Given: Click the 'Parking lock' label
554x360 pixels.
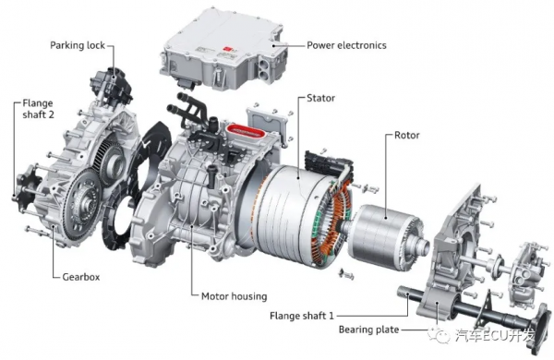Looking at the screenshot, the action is pos(78,45).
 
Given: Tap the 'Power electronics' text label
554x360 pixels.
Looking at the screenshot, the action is pos(346,45).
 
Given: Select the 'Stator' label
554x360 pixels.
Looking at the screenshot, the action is pos(320,98).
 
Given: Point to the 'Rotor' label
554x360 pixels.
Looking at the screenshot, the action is pos(406,135).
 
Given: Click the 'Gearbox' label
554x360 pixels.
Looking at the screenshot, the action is pos(81,277).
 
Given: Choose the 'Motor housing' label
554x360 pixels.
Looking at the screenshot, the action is pos(234,296).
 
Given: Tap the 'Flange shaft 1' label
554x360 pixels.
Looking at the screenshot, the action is pos(301,315).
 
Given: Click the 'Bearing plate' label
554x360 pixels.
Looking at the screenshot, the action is pos(368,330).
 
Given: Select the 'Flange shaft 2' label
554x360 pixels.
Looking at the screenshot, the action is pos(38,109).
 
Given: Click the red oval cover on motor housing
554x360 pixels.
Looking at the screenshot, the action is pos(247,132).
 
